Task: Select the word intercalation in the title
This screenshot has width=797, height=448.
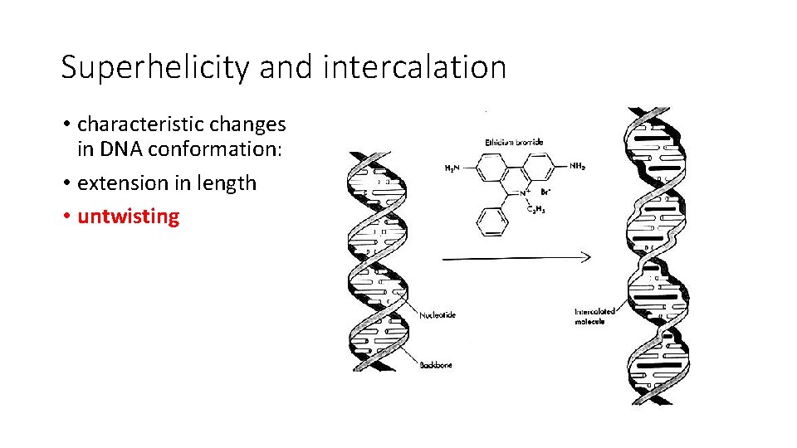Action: click(x=414, y=67)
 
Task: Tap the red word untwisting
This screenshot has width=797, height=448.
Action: click(x=128, y=217)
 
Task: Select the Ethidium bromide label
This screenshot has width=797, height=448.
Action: click(x=514, y=143)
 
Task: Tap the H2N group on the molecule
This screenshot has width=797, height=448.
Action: click(x=453, y=168)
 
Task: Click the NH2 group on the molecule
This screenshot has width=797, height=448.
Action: click(x=577, y=167)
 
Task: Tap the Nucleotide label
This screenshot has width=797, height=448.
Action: click(x=438, y=315)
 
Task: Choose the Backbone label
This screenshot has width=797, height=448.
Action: click(x=436, y=364)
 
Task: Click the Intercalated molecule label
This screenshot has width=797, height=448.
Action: click(x=594, y=316)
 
